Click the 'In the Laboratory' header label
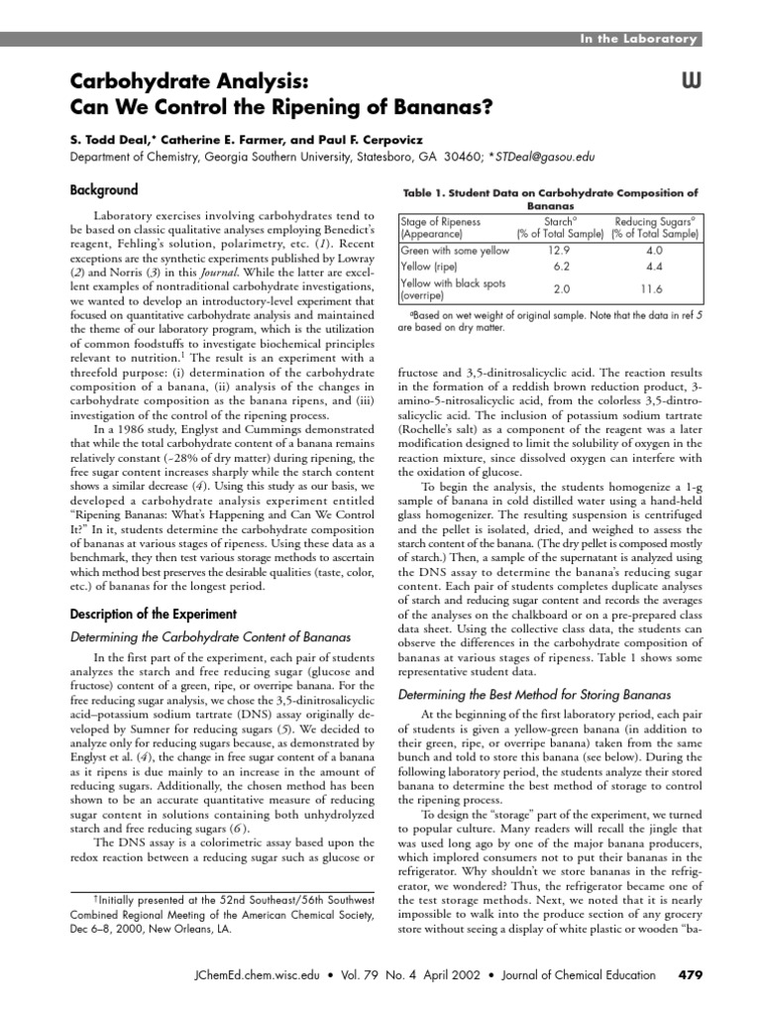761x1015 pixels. pyautogui.click(x=638, y=39)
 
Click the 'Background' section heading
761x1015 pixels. pyautogui.click(x=103, y=190)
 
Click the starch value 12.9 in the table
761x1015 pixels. pyautogui.click(x=561, y=252)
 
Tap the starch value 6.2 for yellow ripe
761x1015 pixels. pyautogui.click(x=561, y=267)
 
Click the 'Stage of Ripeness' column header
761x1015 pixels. pyautogui.click(x=440, y=222)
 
